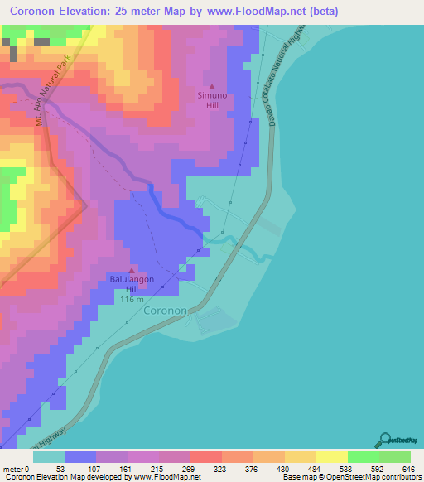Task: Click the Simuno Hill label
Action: coord(211,100)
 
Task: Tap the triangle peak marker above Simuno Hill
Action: coord(212,85)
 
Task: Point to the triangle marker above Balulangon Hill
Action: coord(132,270)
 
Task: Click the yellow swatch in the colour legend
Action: coord(332,455)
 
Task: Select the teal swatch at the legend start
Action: coord(49,455)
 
